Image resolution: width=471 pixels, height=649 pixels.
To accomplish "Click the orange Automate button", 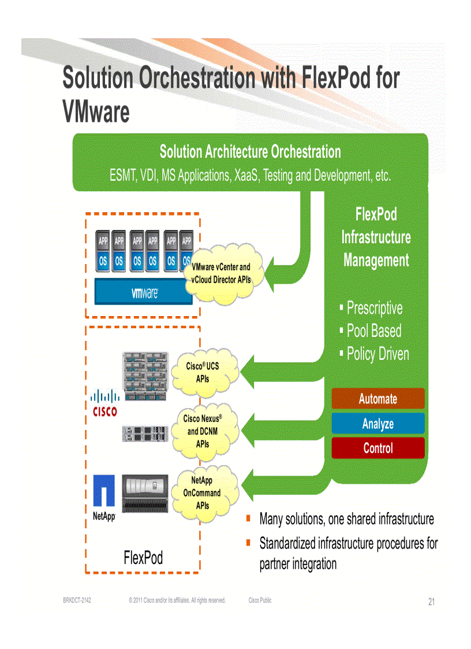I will (x=378, y=399).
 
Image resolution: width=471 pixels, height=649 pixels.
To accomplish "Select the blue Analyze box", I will (x=378, y=424).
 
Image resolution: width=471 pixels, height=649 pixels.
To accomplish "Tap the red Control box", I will (x=378, y=448).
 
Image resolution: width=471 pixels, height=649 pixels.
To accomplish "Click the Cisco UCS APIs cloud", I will (x=203, y=373).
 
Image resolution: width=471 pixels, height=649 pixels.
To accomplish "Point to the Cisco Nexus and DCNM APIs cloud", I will (x=203, y=431).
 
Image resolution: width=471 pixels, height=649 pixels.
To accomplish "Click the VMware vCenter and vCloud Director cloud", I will (x=220, y=273).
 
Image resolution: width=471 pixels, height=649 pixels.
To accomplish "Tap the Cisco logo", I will (x=104, y=403).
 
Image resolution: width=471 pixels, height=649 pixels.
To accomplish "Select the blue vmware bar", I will (x=144, y=293).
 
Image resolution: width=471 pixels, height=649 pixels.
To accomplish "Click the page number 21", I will (x=431, y=602).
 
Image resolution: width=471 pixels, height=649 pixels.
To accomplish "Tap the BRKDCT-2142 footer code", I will (x=77, y=600).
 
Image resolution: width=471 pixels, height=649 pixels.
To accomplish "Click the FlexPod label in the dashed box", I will (x=143, y=558).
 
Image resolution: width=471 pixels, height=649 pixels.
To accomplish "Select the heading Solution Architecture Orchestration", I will (x=250, y=152).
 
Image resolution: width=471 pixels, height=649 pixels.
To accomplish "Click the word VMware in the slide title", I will (x=96, y=112).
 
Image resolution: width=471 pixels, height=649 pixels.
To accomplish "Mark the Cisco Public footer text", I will (x=260, y=600).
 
